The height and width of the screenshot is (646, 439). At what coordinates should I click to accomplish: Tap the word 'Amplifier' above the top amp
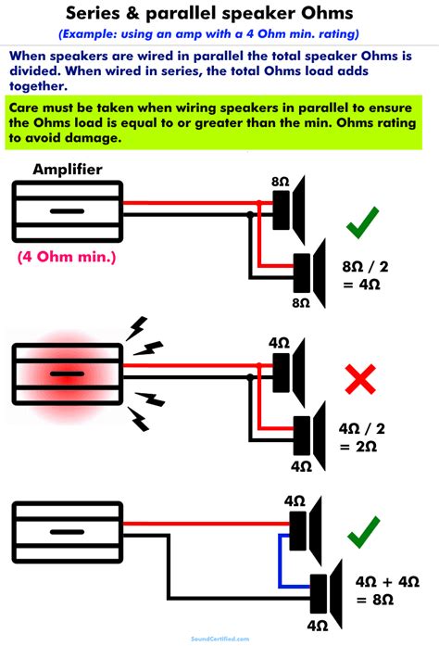pyautogui.click(x=68, y=169)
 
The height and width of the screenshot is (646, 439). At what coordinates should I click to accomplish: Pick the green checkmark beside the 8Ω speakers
pyautogui.click(x=362, y=226)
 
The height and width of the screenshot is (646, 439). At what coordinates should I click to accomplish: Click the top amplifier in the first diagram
pyautogui.click(x=67, y=212)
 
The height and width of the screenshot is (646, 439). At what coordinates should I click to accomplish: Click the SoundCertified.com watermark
pyautogui.click(x=219, y=640)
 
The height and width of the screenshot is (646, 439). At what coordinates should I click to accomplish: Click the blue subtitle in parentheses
pyautogui.click(x=219, y=34)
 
